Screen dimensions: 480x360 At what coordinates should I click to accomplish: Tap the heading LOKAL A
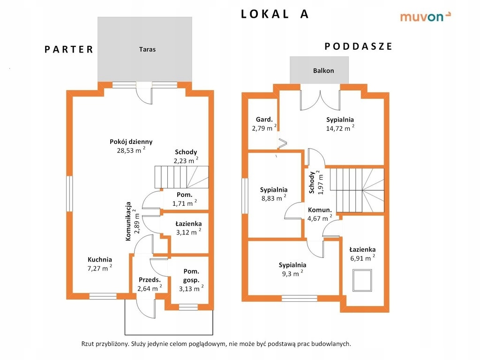coord(275,14)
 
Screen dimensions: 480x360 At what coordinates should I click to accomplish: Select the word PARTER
coord(69,50)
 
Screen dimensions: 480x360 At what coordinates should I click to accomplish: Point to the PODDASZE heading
coord(358,46)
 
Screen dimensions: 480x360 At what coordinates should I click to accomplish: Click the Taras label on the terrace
coord(147,49)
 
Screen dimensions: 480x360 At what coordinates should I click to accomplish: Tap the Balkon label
coord(323,71)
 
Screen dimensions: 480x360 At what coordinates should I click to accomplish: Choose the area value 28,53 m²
coord(131,150)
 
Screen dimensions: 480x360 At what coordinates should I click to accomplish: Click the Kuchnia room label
coord(100,259)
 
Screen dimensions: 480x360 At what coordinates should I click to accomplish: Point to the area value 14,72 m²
coord(340,128)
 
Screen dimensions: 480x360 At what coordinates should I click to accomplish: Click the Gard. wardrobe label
coord(264,119)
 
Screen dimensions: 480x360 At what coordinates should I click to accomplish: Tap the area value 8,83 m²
coord(274,198)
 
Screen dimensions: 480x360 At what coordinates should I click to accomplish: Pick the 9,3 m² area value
coord(292,274)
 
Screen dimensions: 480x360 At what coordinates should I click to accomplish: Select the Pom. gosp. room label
coord(191,276)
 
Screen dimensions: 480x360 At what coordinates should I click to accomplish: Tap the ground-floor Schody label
coord(186,152)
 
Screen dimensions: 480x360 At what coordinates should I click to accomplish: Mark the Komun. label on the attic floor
coord(320,210)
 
